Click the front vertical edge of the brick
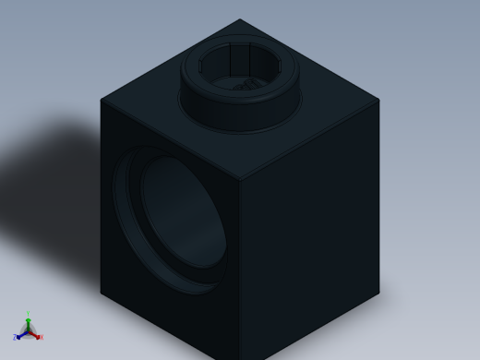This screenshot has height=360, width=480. point(240,268)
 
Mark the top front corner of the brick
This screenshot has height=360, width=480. point(240,180)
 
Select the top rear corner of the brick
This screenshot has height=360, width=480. point(240,19)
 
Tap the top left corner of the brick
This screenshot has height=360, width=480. point(101,100)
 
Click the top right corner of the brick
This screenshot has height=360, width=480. point(379,99)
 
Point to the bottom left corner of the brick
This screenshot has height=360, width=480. point(101,293)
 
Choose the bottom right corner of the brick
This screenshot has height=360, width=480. point(379,294)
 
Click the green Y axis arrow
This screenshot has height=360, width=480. point(28,322)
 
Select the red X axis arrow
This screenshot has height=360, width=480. point(35,334)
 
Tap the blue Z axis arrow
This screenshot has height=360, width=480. point(20,334)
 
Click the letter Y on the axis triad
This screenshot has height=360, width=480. point(28,315)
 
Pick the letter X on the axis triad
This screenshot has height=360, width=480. point(41,338)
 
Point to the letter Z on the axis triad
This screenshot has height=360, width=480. point(15,338)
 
